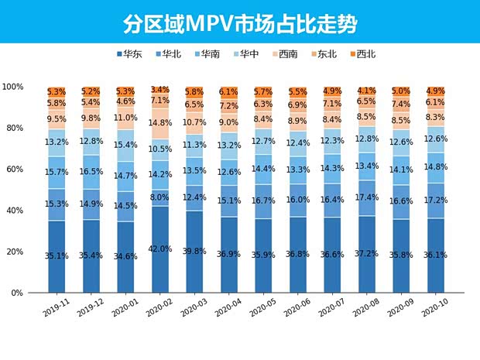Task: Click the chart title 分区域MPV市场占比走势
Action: (240, 22)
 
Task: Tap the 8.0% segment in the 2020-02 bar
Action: (159, 197)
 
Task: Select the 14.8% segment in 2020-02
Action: (159, 122)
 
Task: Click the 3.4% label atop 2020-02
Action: (159, 90)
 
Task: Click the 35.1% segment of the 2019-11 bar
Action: (57, 255)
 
